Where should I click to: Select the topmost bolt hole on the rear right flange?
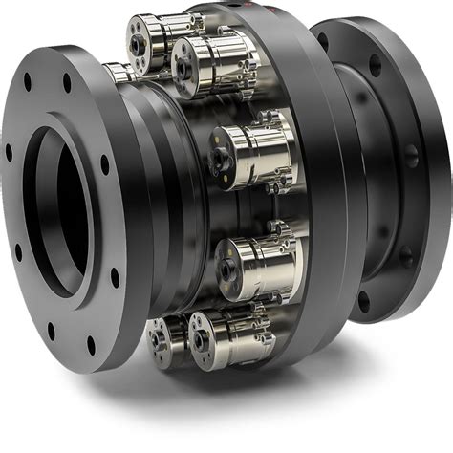point(323,41)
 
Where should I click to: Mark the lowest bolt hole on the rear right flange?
point(363,304)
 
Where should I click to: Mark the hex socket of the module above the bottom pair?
point(225,266)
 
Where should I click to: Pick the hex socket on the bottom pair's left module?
point(157,337)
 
